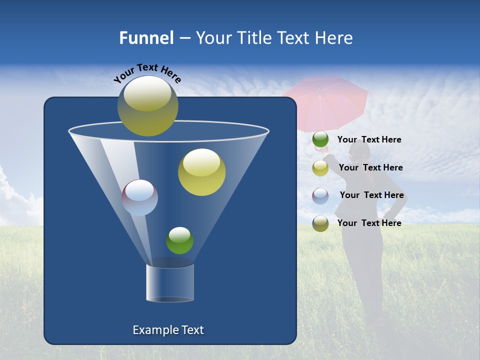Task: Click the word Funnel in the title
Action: [x=146, y=38]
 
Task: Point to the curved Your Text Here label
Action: [x=147, y=72]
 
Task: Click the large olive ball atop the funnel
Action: [x=148, y=106]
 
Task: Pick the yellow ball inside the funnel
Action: [x=201, y=172]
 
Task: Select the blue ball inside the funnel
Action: [x=140, y=197]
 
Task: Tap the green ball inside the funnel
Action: [x=179, y=240]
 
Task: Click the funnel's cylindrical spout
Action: [x=170, y=283]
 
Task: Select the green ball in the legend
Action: [x=320, y=139]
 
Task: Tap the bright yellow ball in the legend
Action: [x=320, y=168]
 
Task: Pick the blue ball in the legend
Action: [x=320, y=196]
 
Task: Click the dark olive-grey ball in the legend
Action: [x=320, y=223]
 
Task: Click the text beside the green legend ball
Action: [x=369, y=140]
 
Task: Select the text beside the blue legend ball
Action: [x=371, y=195]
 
